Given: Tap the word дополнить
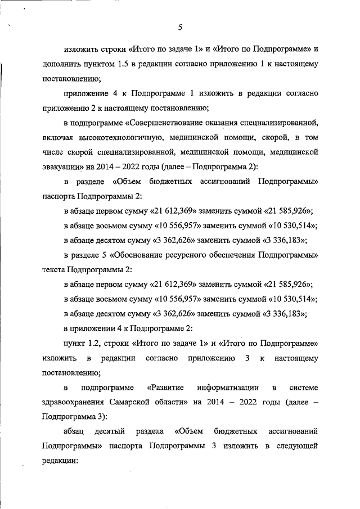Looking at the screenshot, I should pos(61,64).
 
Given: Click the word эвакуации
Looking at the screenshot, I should pos(60,166).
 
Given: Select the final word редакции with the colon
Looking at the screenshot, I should pos(58,460).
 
